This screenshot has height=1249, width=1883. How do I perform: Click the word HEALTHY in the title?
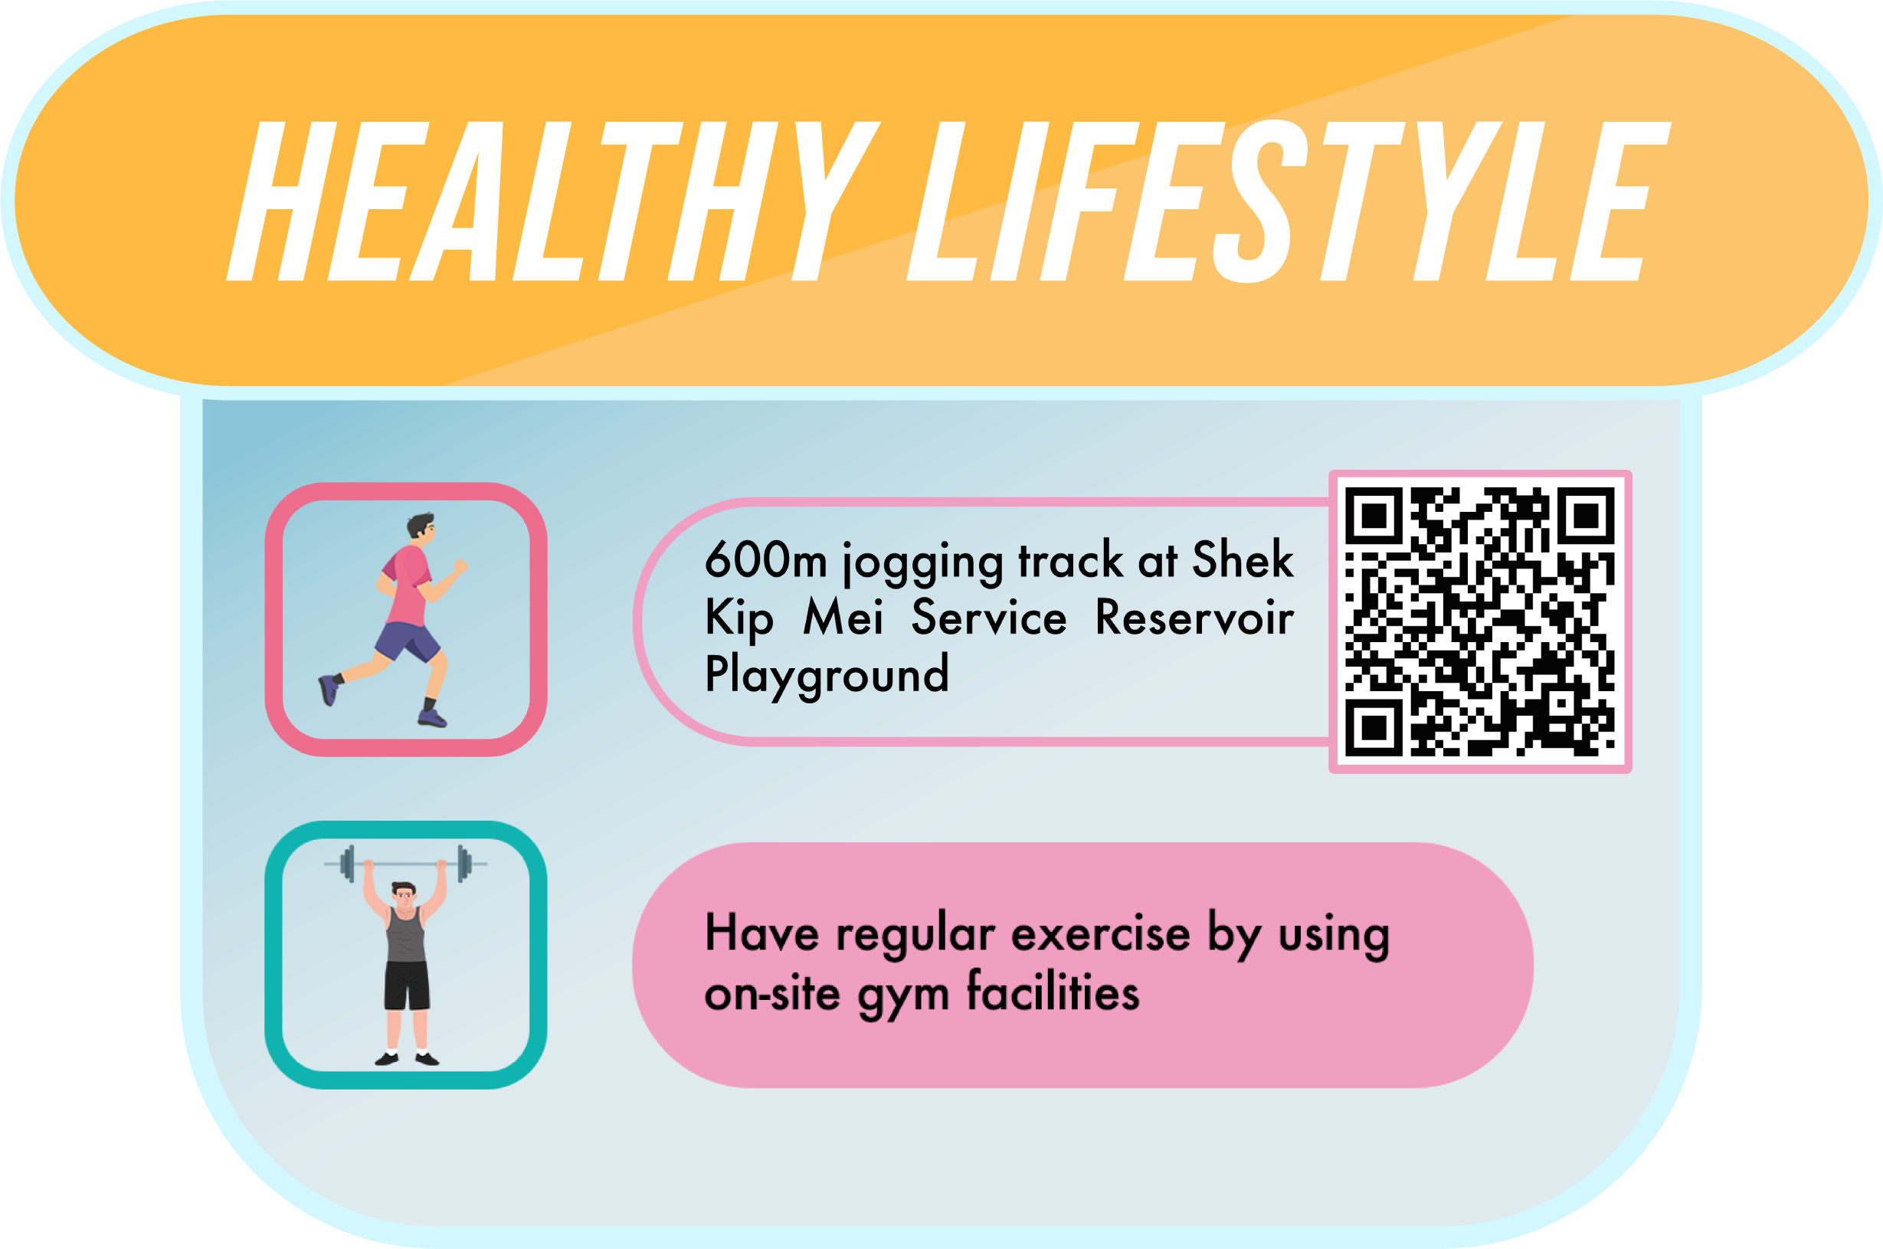click(553, 202)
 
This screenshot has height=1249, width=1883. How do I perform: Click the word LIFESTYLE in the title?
click(1289, 202)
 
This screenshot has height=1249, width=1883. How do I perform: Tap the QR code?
click(1480, 622)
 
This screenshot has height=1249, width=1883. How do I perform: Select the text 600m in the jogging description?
click(766, 559)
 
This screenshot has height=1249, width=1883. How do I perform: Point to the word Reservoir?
click(1194, 618)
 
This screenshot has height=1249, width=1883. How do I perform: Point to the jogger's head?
click(421, 527)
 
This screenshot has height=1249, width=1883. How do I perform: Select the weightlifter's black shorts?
click(407, 986)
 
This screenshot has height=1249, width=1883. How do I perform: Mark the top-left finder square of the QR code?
click(1374, 516)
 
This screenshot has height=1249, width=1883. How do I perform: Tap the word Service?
click(989, 618)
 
